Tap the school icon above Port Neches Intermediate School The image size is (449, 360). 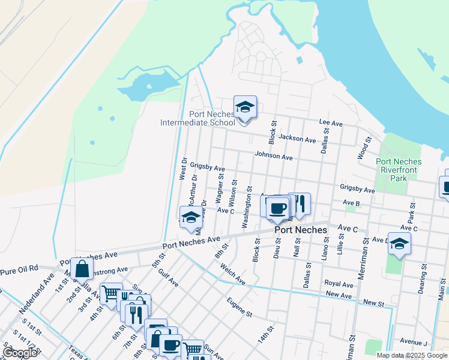[x=245, y=107]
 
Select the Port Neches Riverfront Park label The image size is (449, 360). [x=399, y=170]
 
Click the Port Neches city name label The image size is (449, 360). [x=301, y=230]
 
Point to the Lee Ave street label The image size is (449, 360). [x=330, y=123]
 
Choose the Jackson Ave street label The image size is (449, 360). [x=297, y=139]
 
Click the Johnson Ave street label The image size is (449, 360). [x=273, y=156]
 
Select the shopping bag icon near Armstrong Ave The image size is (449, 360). [x=82, y=269]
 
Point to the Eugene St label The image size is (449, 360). [x=240, y=307]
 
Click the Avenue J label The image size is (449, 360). [x=414, y=341]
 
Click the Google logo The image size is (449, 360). [x=20, y=353]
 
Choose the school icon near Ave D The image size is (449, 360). [x=399, y=244]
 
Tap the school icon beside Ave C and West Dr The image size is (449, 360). [x=191, y=217]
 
